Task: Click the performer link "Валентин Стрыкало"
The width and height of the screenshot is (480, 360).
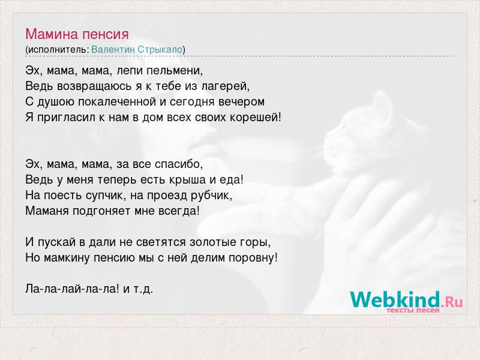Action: pos(137,50)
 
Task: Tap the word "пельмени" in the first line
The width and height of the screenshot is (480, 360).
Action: pos(174,71)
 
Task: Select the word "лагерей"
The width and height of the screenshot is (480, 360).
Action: pos(225,86)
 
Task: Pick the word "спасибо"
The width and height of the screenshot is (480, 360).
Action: pos(178,164)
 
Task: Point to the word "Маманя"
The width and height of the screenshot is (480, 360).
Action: pos(47,211)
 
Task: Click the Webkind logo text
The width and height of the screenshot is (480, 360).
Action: pos(395,299)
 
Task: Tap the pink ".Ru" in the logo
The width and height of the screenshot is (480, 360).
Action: pos(452,302)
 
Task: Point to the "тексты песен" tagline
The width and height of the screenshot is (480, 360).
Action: pos(413,310)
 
